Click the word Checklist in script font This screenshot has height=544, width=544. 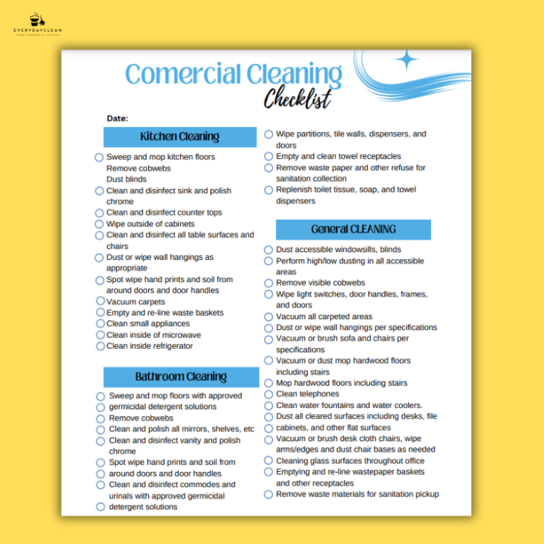coord(297,99)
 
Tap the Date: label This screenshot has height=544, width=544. coord(117,118)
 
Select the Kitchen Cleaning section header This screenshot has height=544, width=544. coord(180,137)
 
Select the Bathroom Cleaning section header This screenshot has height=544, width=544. coord(181,377)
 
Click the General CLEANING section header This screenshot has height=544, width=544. coord(353,230)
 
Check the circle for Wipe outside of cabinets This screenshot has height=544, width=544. coord(99,224)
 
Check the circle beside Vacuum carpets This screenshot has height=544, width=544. coord(99,301)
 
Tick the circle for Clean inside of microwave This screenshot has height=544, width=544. coord(99,335)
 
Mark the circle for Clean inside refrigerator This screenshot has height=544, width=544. coord(99,346)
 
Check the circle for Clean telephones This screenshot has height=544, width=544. coord(269,394)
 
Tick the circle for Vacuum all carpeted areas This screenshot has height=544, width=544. coord(269,317)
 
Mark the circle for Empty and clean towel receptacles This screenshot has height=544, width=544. coord(269,156)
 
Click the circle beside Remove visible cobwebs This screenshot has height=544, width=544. coord(269,283)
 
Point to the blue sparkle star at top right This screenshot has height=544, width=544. coord(407,60)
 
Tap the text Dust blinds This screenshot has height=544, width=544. coord(126,180)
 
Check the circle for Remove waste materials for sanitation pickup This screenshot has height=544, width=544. coord(269,494)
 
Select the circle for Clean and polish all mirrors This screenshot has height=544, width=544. coord(101,429)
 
